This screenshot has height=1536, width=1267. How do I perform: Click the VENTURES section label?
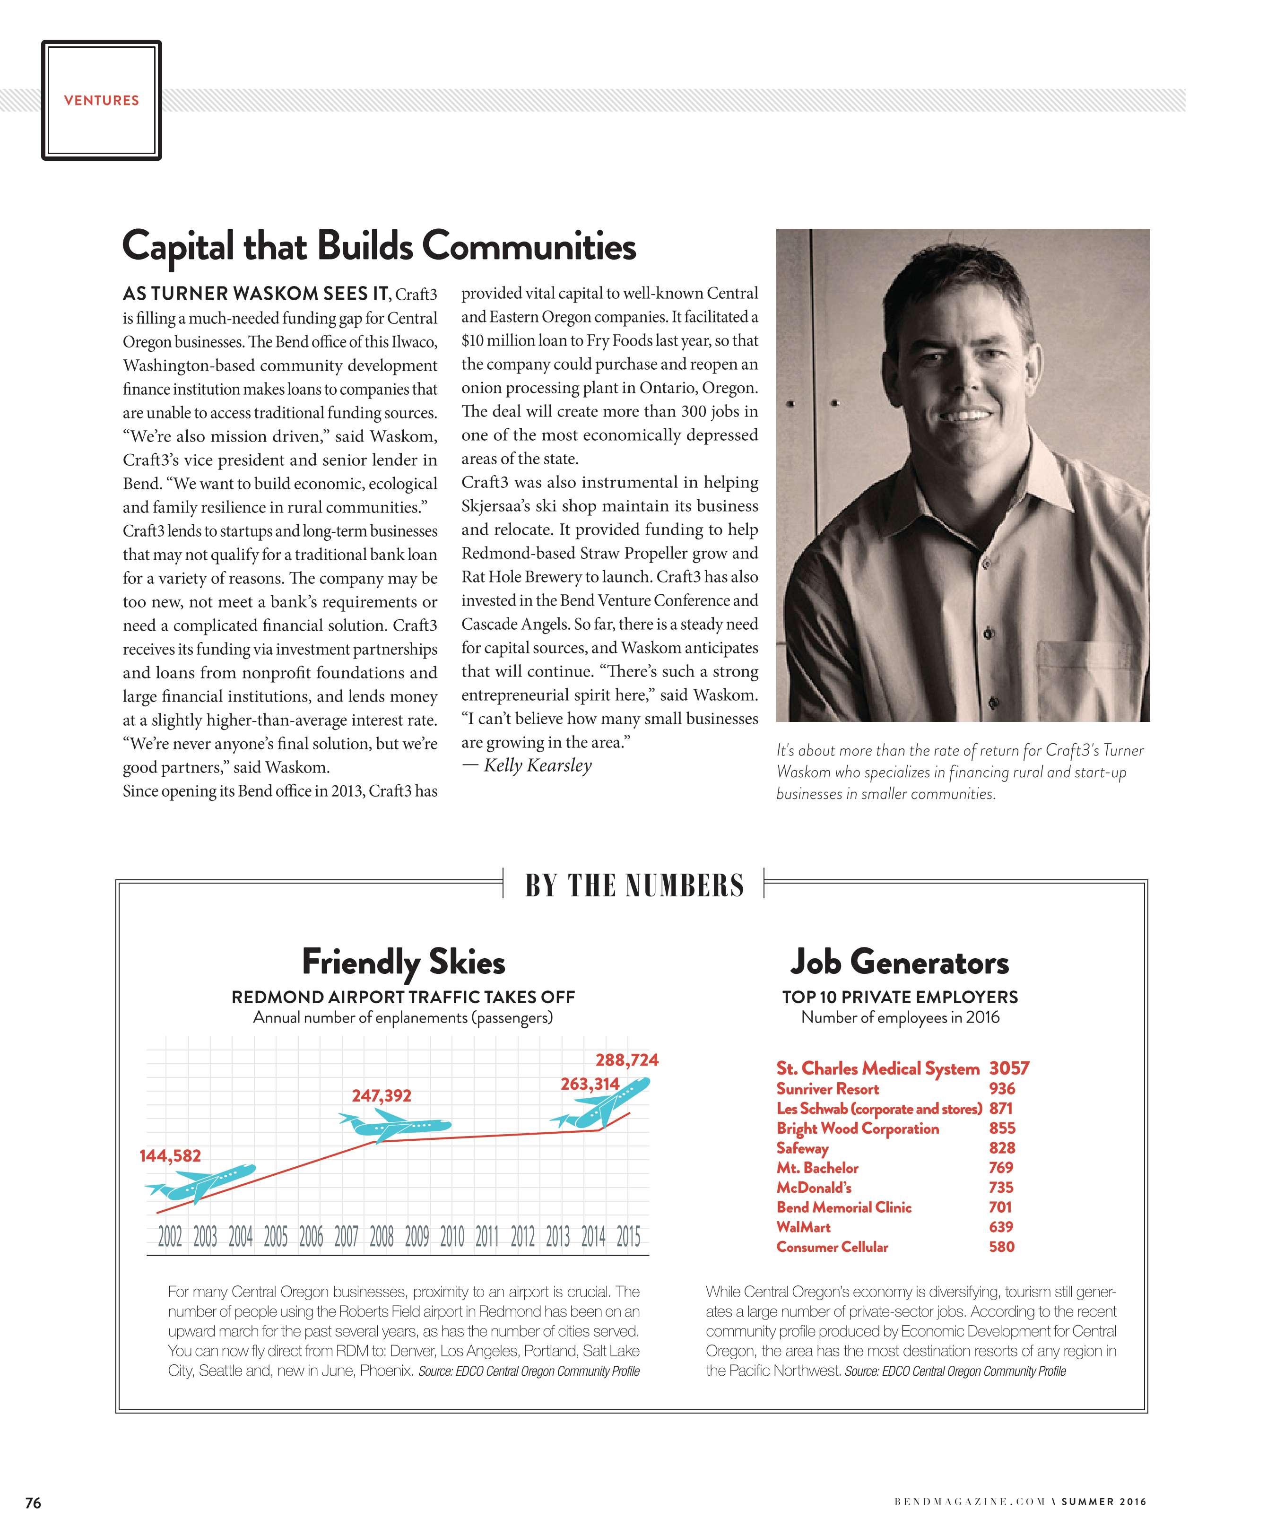[102, 101]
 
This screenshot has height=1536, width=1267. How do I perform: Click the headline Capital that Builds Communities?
[379, 247]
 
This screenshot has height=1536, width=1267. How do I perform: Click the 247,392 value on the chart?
[381, 1095]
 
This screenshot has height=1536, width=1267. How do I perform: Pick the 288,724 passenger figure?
[626, 1059]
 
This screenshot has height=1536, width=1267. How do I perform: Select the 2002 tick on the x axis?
[170, 1237]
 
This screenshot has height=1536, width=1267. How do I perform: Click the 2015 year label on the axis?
[628, 1237]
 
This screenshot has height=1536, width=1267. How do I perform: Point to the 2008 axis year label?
[381, 1237]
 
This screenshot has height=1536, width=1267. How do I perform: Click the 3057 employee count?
[1009, 1068]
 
